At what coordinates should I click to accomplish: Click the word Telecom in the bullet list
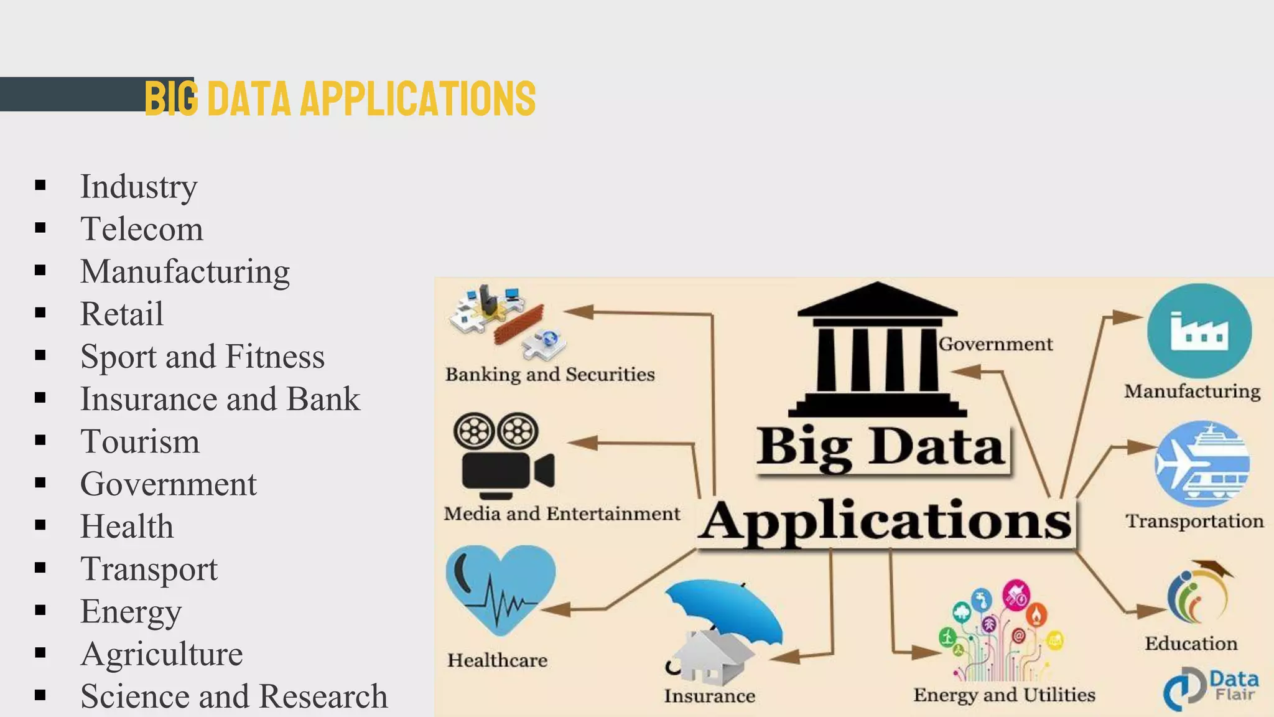click(x=142, y=229)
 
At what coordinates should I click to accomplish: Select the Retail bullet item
click(x=122, y=314)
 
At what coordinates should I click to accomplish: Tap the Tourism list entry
click(x=140, y=441)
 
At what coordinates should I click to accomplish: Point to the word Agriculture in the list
click(x=162, y=654)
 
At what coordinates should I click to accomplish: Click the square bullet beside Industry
click(x=41, y=185)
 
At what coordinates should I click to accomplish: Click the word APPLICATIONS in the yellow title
click(x=417, y=98)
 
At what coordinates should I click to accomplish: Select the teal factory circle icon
click(x=1199, y=331)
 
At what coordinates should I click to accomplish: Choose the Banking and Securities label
click(x=550, y=375)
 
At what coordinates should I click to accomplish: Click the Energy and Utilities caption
click(x=1004, y=695)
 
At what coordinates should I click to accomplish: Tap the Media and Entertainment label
click(x=562, y=514)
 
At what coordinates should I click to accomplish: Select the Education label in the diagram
click(x=1191, y=644)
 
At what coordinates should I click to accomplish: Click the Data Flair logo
click(x=1210, y=687)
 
